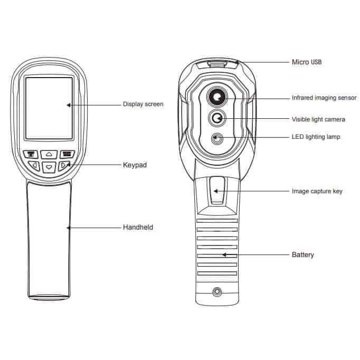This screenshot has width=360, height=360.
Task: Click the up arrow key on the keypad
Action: coord(49,155)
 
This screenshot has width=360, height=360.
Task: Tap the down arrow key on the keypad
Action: coord(49,167)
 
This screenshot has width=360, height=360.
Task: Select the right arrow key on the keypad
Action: coord(63,166)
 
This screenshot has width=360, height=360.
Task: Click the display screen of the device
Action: coord(49,108)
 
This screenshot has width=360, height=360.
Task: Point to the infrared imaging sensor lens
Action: coord(217,97)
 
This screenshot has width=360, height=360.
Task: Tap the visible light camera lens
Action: coord(217,119)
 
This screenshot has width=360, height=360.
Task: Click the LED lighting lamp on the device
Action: coord(217,139)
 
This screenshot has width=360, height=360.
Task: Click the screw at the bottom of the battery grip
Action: coord(217,292)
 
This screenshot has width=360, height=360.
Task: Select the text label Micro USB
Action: coord(307,62)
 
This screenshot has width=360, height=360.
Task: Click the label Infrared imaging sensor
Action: coord(324,98)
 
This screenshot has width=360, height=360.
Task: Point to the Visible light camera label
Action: coord(318,119)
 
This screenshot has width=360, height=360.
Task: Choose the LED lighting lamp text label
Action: coord(316,137)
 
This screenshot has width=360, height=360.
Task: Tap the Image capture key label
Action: coord(317,191)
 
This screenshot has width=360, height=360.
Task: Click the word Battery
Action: coord(303,255)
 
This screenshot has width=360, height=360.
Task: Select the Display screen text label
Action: coord(143,104)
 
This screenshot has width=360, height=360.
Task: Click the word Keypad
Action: coord(135,165)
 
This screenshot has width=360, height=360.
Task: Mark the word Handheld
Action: coord(138,227)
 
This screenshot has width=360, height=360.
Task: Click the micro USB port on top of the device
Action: coord(217,64)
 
